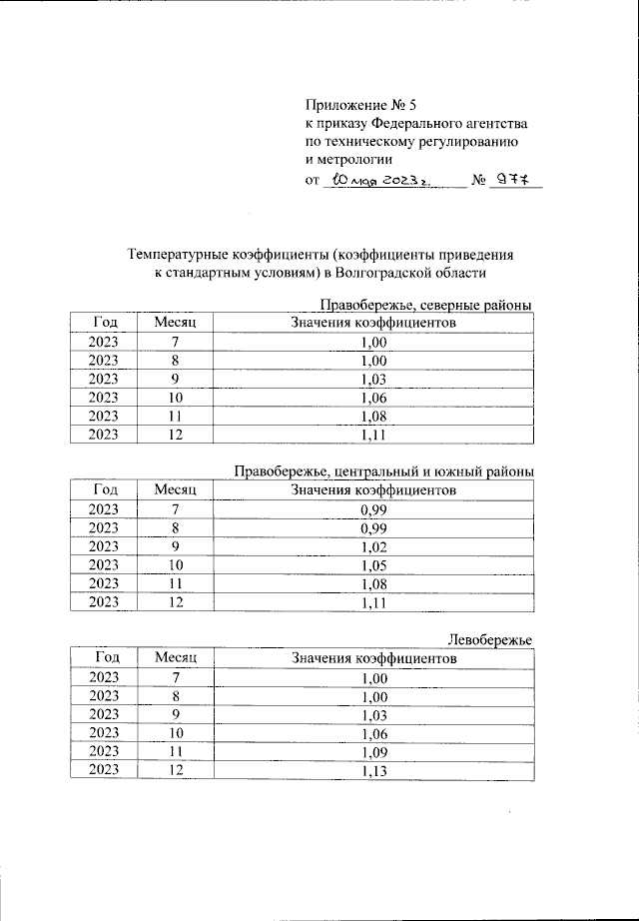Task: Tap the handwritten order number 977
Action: coord(514,181)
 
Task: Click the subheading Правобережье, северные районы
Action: coord(424,305)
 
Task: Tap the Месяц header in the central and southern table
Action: coord(176,490)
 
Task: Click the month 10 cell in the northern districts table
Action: coord(176,398)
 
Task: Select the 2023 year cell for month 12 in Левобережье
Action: coord(104,770)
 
